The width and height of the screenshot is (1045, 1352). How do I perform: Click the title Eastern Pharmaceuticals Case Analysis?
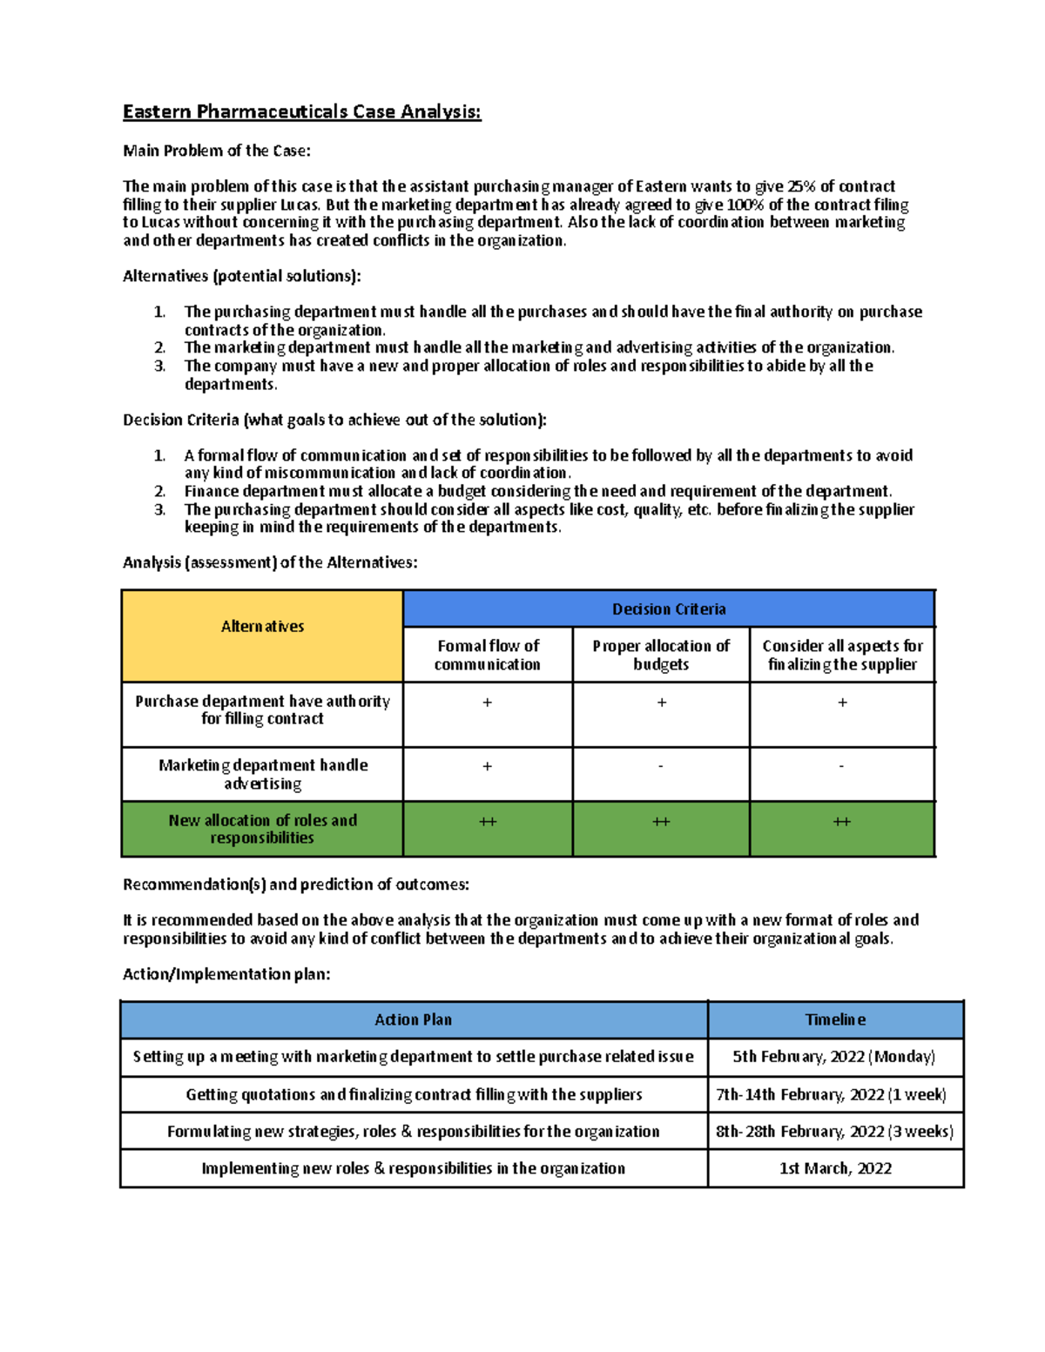pyautogui.click(x=301, y=112)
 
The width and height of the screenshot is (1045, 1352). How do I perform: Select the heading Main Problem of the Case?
pyautogui.click(x=216, y=151)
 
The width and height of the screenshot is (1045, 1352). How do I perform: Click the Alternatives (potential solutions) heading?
pyautogui.click(x=241, y=276)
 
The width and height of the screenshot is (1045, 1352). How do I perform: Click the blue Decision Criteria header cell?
pyautogui.click(x=668, y=609)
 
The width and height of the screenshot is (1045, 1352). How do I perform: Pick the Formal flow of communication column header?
pyautogui.click(x=488, y=655)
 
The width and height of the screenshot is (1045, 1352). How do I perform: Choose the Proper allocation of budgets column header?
pyautogui.click(x=661, y=655)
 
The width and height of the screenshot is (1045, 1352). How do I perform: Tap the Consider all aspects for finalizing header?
pyautogui.click(x=842, y=655)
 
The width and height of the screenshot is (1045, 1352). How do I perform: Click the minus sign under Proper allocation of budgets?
pyautogui.click(x=661, y=767)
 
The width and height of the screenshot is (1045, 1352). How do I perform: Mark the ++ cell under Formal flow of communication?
pyautogui.click(x=488, y=822)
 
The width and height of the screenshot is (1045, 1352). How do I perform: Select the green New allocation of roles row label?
pyautogui.click(x=262, y=829)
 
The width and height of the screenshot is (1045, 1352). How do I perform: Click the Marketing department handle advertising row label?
pyautogui.click(x=262, y=774)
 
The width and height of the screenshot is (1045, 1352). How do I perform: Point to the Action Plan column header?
pyautogui.click(x=413, y=1019)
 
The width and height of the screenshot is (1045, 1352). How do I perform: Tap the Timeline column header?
pyautogui.click(x=835, y=1019)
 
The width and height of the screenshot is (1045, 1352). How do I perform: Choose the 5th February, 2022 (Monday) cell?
pyautogui.click(x=834, y=1057)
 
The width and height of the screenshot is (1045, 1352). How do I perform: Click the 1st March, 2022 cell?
pyautogui.click(x=835, y=1168)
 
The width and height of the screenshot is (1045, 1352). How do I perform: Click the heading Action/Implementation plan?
pyautogui.click(x=226, y=974)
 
